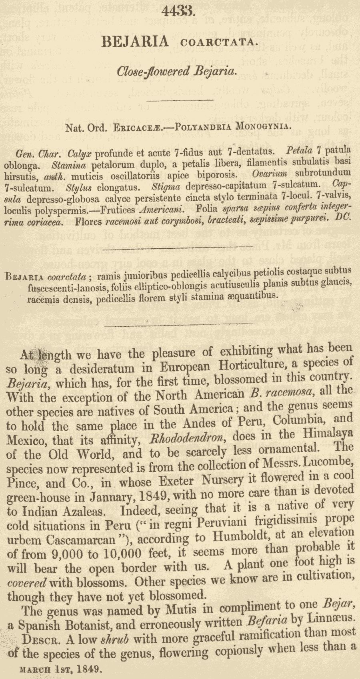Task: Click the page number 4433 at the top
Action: (179, 11)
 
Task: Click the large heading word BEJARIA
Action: (136, 41)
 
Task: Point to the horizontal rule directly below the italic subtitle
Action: (180, 100)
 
